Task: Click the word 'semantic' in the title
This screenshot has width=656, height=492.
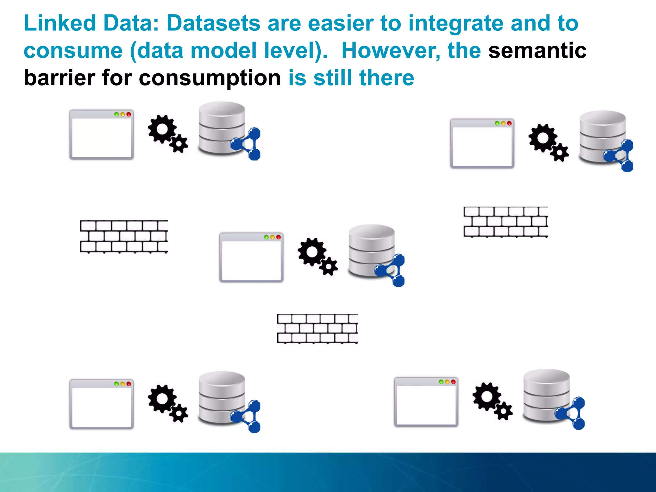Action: [537, 51]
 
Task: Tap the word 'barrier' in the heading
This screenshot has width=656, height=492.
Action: [59, 78]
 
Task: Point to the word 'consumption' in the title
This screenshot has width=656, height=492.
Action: [210, 78]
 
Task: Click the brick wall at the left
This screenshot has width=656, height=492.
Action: [124, 237]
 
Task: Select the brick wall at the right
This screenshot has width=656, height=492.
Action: [506, 222]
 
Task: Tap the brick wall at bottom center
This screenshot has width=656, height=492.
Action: [317, 329]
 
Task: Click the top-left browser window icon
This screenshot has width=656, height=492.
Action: [101, 135]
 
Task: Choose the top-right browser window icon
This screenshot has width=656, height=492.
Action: [482, 143]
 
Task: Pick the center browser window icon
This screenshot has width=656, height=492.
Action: [251, 258]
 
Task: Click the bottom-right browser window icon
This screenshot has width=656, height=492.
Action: [426, 402]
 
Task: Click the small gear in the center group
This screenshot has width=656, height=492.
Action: [329, 266]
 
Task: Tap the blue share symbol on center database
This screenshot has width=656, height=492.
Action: [392, 270]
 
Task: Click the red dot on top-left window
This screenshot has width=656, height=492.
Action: [128, 114]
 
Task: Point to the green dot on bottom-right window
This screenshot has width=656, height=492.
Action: [441, 382]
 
